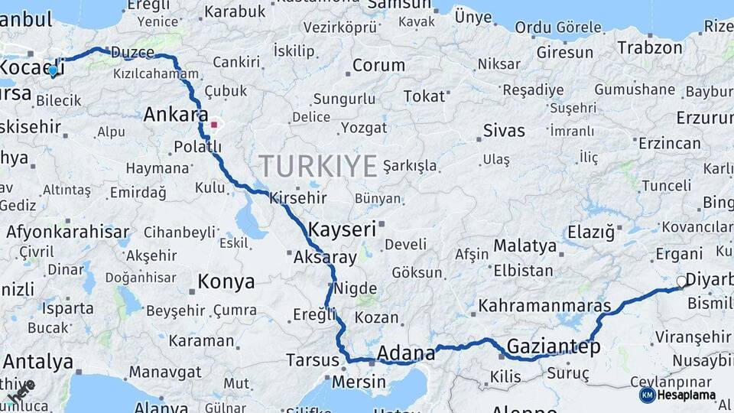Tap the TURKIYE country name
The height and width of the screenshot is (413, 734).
pyautogui.click(x=318, y=166)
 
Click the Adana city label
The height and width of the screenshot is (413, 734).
pyautogui.click(x=406, y=353)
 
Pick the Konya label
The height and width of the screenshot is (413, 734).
pyautogui.click(x=226, y=281)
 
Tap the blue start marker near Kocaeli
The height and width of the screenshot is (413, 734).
pyautogui.click(x=53, y=71)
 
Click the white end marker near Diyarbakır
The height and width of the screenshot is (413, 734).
pyautogui.click(x=682, y=281)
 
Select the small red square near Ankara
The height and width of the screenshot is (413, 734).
pyautogui.click(x=214, y=124)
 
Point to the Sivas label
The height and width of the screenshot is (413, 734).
pyautogui.click(x=504, y=130)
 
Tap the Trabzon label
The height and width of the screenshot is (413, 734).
pyautogui.click(x=649, y=47)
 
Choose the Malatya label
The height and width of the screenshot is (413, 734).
pyautogui.click(x=525, y=246)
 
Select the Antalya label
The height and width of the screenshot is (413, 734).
pyautogui.click(x=37, y=361)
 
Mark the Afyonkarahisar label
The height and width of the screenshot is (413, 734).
pyautogui.click(x=67, y=231)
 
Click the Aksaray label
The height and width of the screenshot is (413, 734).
pyautogui.click(x=325, y=257)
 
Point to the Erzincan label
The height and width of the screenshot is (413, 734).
pyautogui.click(x=669, y=143)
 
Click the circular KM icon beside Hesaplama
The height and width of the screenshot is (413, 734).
pyautogui.click(x=647, y=395)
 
